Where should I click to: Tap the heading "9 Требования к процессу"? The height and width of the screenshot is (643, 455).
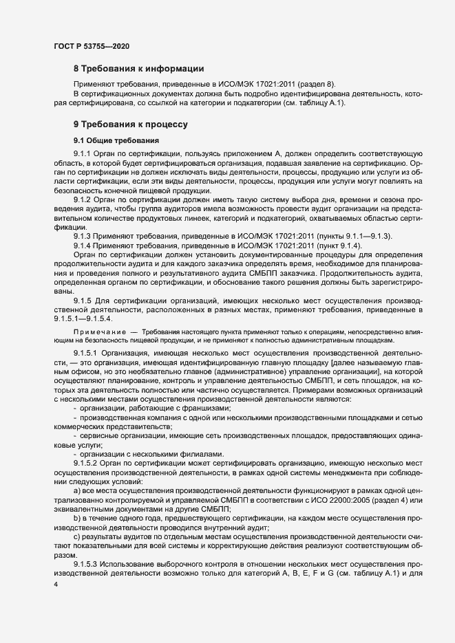[130, 124]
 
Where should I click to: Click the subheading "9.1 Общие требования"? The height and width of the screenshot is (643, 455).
[111, 140]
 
